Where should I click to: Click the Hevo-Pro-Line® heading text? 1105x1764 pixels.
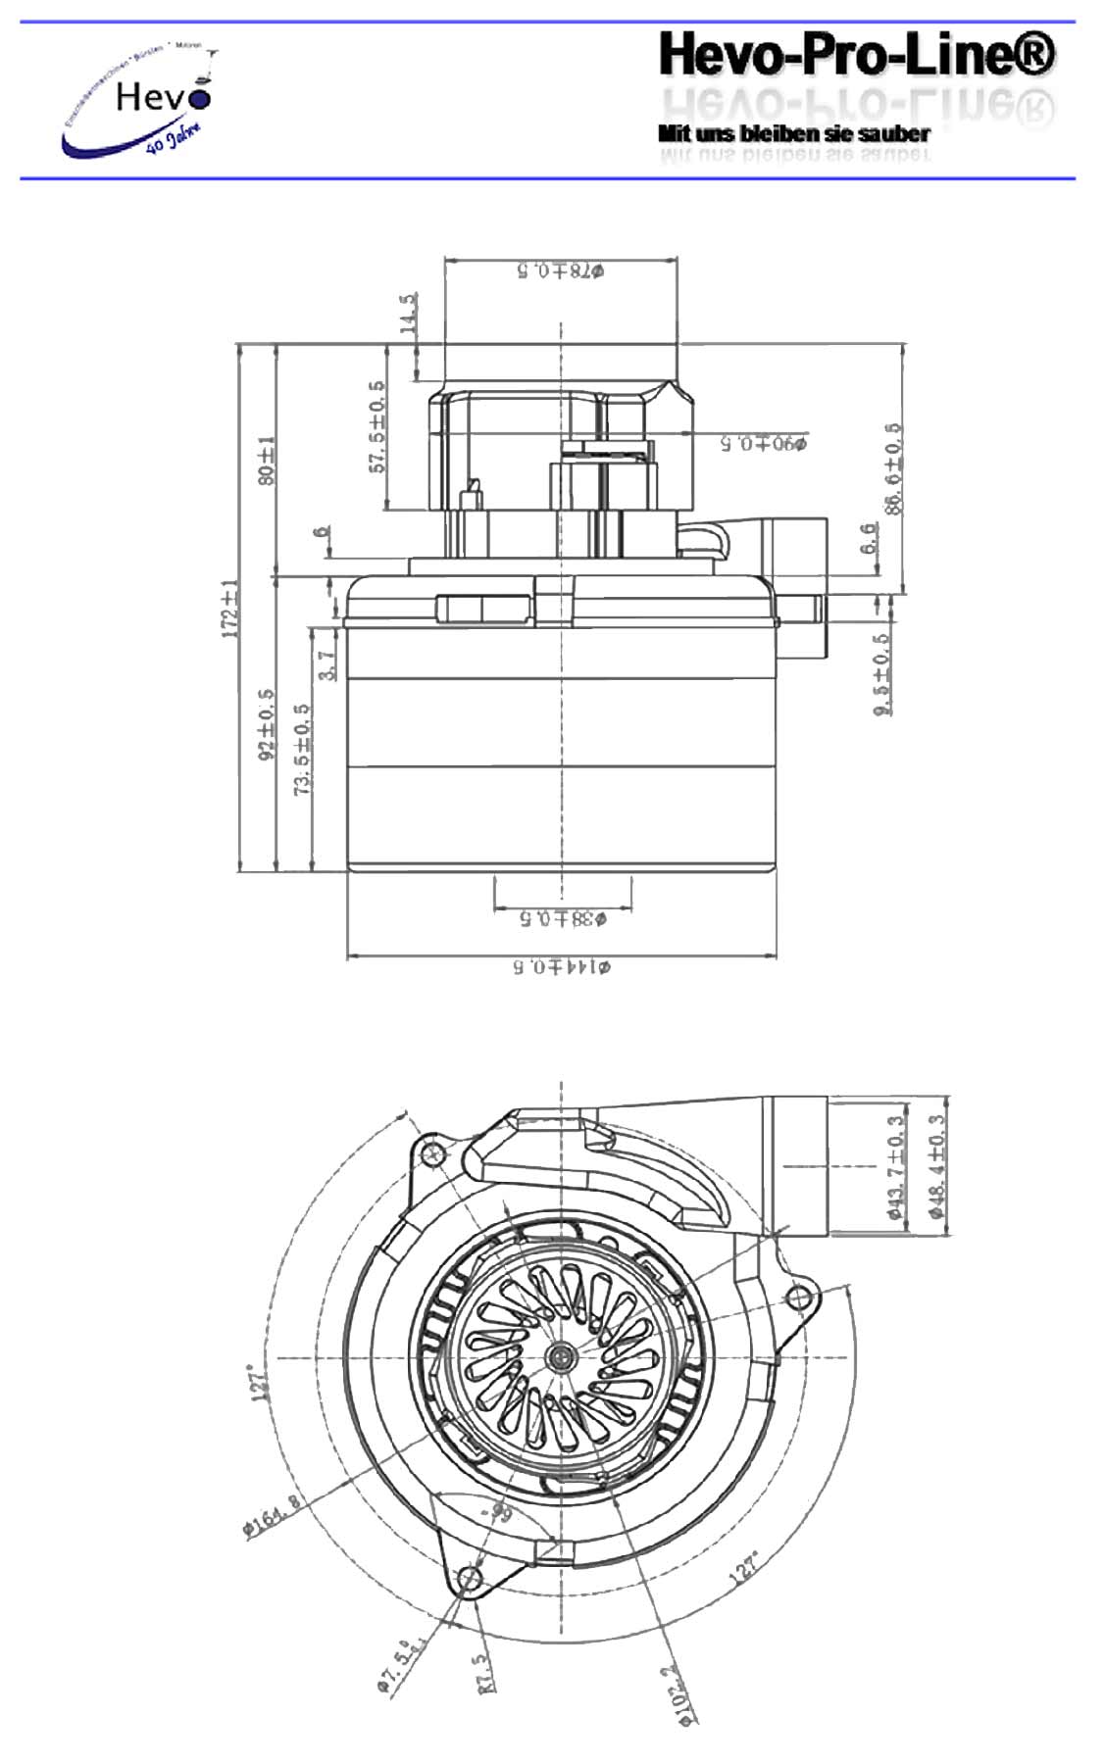point(856,55)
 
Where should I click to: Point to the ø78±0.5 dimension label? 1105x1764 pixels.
point(560,270)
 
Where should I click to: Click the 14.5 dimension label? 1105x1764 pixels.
point(409,314)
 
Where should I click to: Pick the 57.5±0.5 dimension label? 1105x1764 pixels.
point(377,426)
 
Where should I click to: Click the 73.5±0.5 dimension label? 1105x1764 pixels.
point(303,748)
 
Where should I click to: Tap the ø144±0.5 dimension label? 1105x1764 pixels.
point(562,967)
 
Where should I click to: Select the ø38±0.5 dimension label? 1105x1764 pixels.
point(562,918)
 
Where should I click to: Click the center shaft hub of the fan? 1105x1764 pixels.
point(562,1357)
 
